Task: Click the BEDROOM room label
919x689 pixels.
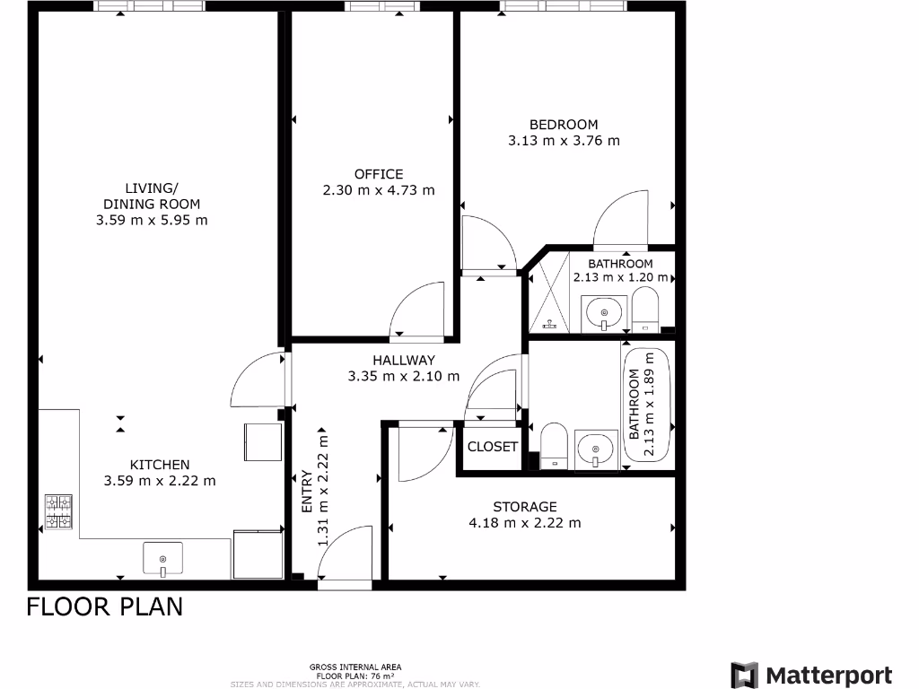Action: click(x=563, y=125)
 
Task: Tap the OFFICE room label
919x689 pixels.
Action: click(x=379, y=174)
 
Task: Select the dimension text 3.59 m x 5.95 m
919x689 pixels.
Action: click(x=152, y=220)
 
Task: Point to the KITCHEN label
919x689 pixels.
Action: click(x=160, y=464)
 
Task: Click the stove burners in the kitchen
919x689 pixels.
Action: click(x=58, y=511)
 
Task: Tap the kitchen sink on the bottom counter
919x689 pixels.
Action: click(x=162, y=558)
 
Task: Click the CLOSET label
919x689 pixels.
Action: click(x=493, y=447)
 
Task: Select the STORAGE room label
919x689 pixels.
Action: click(x=525, y=507)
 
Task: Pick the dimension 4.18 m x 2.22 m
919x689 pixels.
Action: click(x=525, y=523)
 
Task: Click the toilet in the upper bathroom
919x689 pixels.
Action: click(x=645, y=310)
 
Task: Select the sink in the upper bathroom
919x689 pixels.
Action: click(x=604, y=313)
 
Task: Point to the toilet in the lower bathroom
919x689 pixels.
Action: click(x=553, y=445)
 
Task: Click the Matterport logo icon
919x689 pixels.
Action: click(x=744, y=676)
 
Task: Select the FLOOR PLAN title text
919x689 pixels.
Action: click(x=104, y=606)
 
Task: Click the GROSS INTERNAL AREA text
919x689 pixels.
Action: click(x=354, y=667)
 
